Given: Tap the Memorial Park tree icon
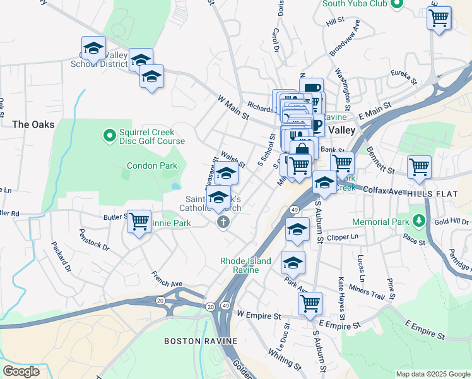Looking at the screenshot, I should click(x=417, y=220).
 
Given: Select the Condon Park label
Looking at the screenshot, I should click(x=152, y=165).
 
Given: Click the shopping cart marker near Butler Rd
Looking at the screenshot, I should click(x=139, y=221).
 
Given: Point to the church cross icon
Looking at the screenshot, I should click(x=222, y=222).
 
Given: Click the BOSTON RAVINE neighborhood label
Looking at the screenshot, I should click(x=201, y=341).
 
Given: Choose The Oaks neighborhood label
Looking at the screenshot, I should click(x=33, y=124).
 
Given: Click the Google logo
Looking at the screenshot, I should click(x=21, y=371).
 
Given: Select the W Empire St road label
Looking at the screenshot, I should click(x=258, y=314).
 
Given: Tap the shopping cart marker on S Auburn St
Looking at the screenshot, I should click(x=310, y=304).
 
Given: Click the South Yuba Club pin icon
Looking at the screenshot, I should click(x=396, y=4).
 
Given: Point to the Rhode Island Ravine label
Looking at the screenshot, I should click(x=245, y=265).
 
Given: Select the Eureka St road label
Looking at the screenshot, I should click(x=404, y=78).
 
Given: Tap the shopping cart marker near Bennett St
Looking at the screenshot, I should click(x=419, y=167).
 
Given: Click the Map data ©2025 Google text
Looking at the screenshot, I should click(x=433, y=374).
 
